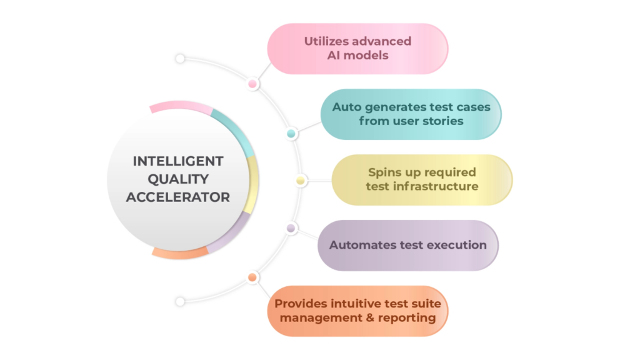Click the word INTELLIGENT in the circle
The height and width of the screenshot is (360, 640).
tap(178, 161)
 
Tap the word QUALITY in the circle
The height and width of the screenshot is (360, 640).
tap(178, 179)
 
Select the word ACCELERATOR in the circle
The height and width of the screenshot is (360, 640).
tap(178, 197)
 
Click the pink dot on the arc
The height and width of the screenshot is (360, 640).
tap(252, 84)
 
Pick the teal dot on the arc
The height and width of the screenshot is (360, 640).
tap(291, 134)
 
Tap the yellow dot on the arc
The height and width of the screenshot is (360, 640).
tap(301, 181)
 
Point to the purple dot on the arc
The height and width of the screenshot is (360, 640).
tap(291, 229)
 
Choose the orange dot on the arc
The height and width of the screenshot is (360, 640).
tap(252, 277)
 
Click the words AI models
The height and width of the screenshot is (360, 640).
tap(357, 56)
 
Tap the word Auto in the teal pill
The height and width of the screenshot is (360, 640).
tap(346, 107)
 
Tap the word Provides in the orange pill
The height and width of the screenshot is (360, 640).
tap(300, 304)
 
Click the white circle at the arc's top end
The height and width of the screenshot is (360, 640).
tap(180, 59)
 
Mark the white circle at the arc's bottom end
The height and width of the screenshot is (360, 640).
tap(180, 301)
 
